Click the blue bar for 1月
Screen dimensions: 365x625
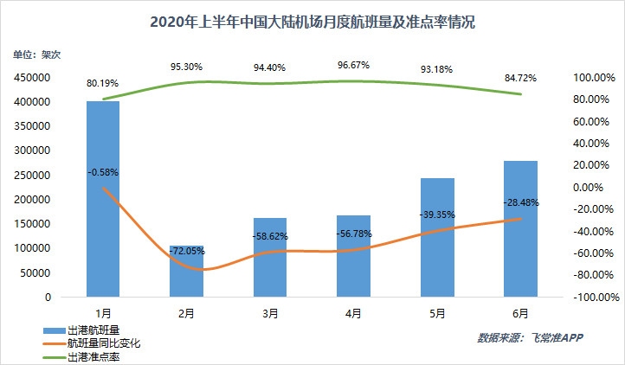pos(103,199)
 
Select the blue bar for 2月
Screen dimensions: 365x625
pos(186,272)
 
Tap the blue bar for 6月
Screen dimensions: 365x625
pos(521,229)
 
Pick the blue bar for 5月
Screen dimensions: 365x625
pos(437,238)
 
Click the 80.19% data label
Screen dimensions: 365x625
pos(103,84)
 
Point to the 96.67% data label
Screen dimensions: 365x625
pos(354,63)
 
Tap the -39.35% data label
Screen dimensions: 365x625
pos(437,214)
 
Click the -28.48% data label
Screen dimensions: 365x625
pos(521,202)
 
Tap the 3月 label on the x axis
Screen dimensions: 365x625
pos(270,313)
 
